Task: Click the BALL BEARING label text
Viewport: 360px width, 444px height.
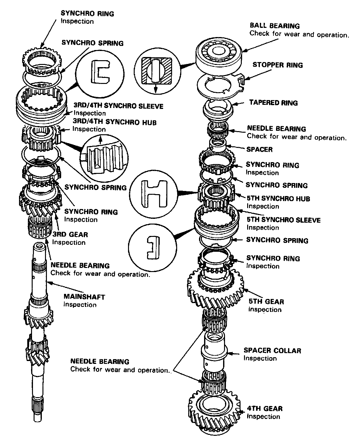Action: pyautogui.click(x=274, y=26)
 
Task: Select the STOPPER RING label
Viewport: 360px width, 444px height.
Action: pyautogui.click(x=277, y=65)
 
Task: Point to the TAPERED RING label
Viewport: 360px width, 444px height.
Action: pyautogui.click(x=273, y=103)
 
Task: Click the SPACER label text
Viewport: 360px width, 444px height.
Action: pyautogui.click(x=259, y=149)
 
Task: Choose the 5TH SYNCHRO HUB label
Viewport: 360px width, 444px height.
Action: pyautogui.click(x=278, y=199)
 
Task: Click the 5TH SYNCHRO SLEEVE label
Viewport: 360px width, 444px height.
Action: pyautogui.click(x=283, y=220)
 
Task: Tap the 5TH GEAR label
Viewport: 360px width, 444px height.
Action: pyautogui.click(x=266, y=301)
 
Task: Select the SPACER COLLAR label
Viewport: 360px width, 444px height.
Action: pyautogui.click(x=272, y=350)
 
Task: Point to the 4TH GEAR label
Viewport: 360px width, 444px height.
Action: pyautogui.click(x=265, y=408)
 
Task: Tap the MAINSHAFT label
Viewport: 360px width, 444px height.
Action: pyautogui.click(x=84, y=297)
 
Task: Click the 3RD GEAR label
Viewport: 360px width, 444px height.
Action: pyautogui.click(x=70, y=234)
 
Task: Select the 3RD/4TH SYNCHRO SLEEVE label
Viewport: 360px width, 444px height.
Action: pyautogui.click(x=118, y=106)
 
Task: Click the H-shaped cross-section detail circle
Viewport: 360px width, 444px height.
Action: pyautogui.click(x=153, y=194)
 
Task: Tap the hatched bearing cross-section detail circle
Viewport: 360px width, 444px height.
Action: pyautogui.click(x=157, y=71)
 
